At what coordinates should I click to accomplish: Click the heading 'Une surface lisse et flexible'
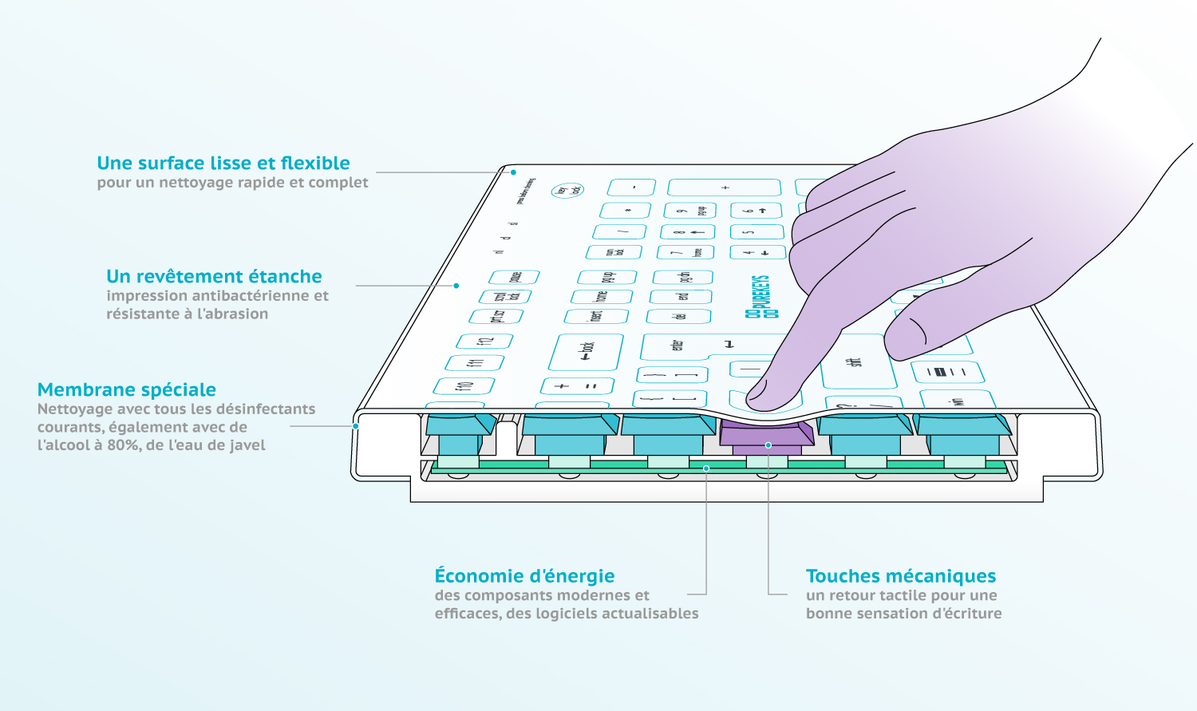[x=223, y=163]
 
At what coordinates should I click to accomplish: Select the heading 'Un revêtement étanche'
[x=214, y=276]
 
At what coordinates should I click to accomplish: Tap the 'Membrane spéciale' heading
[x=127, y=389]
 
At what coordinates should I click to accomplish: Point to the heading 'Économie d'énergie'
[x=524, y=576]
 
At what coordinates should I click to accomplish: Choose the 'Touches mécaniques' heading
[x=901, y=576]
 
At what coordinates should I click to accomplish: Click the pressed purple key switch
[x=767, y=435]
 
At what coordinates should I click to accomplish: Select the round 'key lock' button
[x=567, y=190]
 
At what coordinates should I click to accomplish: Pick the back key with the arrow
[x=587, y=351]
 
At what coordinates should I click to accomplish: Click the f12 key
[x=484, y=342]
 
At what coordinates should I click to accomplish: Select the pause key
[x=514, y=277]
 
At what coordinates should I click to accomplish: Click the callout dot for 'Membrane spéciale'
[x=356, y=426]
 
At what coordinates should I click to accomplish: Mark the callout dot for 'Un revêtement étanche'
[x=456, y=286]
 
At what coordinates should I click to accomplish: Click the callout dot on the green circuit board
[x=706, y=468]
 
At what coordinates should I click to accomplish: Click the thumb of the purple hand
[x=918, y=335]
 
